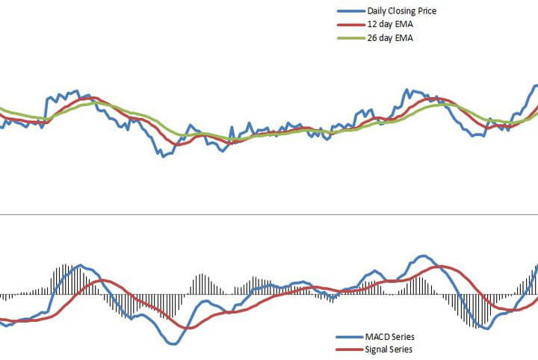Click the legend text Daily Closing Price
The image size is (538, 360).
coord(401,11)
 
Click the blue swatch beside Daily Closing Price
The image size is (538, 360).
coord(350,11)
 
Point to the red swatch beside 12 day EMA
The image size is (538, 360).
coord(350,25)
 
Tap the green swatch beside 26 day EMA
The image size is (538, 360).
coord(350,38)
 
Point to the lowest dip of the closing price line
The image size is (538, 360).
coord(161,155)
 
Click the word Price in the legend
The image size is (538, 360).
coord(426,11)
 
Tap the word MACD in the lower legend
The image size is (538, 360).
coord(376,337)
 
